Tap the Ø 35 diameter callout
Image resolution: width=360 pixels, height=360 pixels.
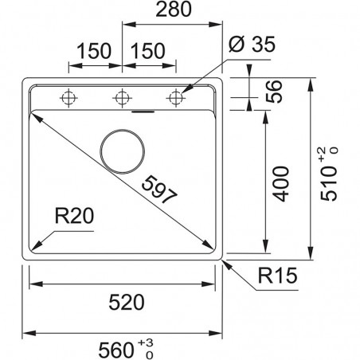pyautogui.click(x=256, y=46)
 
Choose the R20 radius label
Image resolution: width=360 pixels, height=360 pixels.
pyautogui.click(x=74, y=216)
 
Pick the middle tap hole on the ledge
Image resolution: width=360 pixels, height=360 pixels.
pyautogui.click(x=122, y=98)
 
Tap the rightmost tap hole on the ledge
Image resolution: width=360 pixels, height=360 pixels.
pyautogui.click(x=174, y=98)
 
